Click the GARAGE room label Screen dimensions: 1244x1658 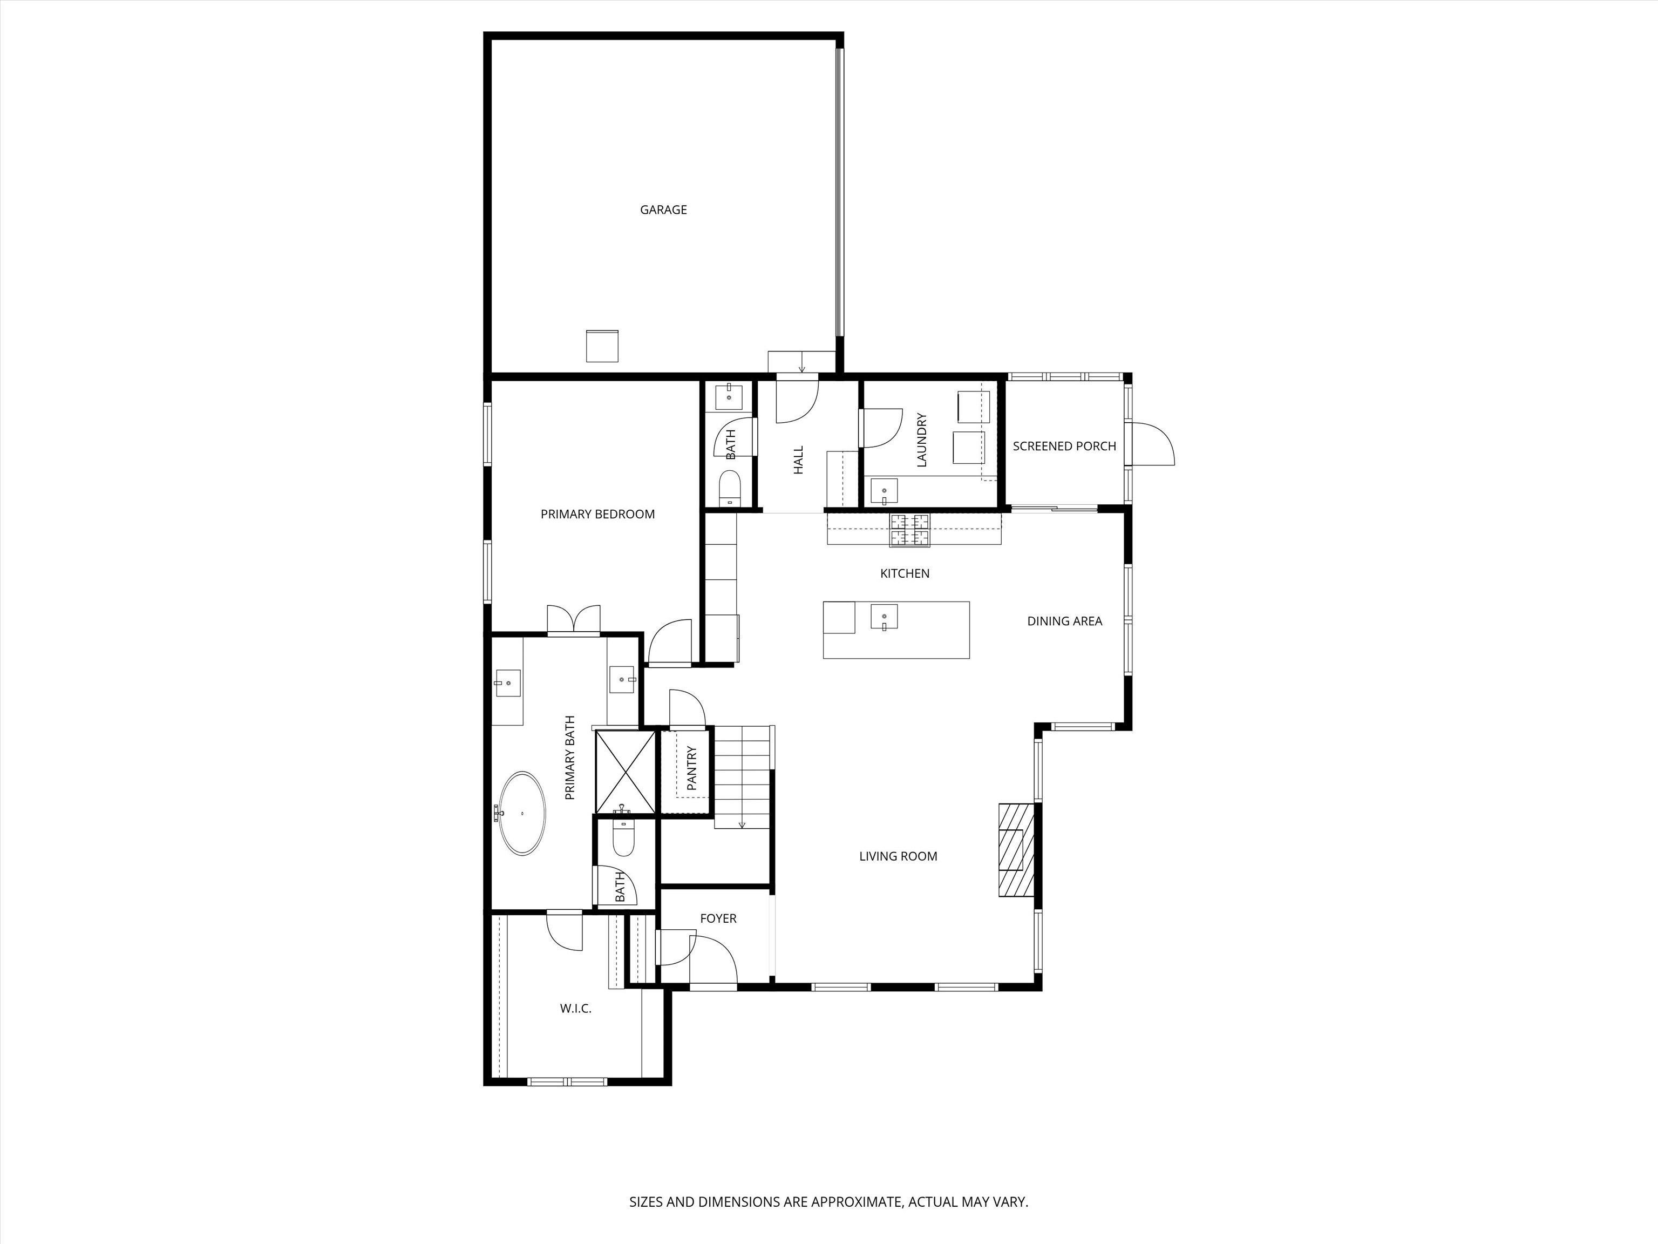(663, 210)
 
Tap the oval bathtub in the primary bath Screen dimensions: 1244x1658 (522, 814)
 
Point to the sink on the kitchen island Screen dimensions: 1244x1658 (884, 618)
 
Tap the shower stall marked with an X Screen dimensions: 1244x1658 (625, 772)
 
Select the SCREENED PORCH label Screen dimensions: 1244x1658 (1064, 446)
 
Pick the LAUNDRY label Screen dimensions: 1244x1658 (922, 440)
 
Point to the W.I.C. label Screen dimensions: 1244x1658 (576, 1009)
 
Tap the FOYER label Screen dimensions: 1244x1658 (718, 918)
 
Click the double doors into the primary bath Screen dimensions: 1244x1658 (573, 621)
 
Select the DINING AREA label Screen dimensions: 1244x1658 (1064, 621)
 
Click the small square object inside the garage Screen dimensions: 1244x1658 (602, 346)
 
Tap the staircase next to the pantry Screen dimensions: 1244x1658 (742, 776)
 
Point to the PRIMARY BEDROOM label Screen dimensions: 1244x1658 (597, 515)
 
